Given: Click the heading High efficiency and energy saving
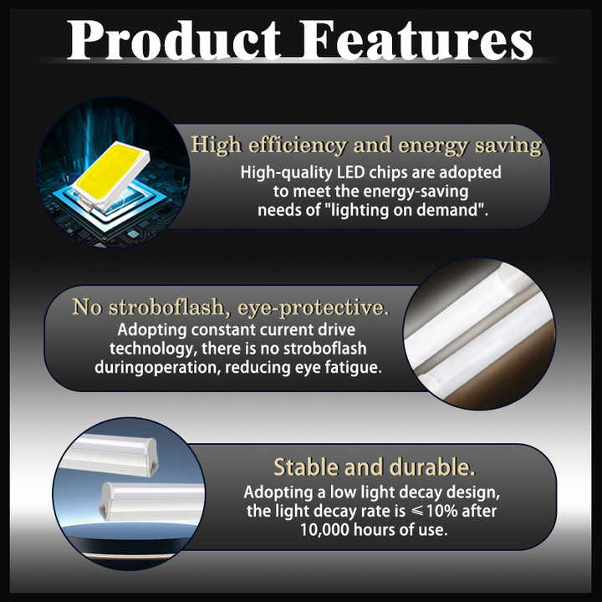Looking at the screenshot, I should (366, 145).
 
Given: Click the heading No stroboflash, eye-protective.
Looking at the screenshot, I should (230, 307).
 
